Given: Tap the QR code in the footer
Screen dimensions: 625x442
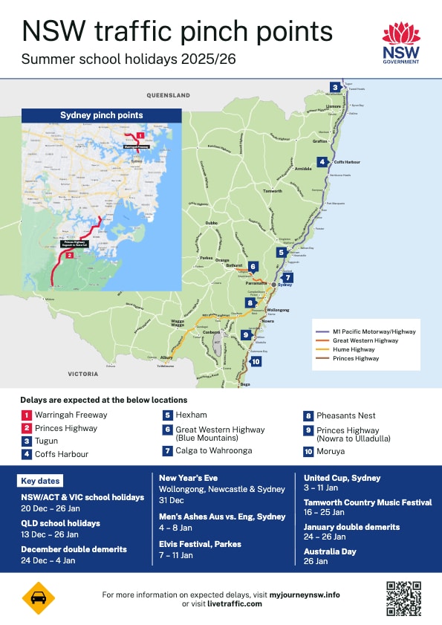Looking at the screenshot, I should click(403, 599).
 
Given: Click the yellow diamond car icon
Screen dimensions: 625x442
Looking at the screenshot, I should click(38, 599).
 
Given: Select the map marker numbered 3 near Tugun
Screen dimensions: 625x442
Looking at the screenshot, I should click(335, 88).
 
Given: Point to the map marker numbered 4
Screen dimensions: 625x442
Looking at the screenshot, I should click(322, 162).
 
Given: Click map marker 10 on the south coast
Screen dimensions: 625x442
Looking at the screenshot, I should click(256, 362).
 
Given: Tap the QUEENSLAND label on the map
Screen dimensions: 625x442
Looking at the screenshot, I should click(168, 96).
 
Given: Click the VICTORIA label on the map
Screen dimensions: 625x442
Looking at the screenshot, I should click(83, 374).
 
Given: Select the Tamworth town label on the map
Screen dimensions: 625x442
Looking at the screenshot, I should click(273, 191).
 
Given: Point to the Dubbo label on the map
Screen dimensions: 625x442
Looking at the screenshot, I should click(211, 222).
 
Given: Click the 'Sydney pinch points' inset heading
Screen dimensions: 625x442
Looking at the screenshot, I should click(101, 115).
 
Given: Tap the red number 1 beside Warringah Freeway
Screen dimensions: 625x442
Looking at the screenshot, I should click(26, 415).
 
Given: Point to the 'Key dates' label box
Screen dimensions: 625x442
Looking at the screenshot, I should click(41, 481).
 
